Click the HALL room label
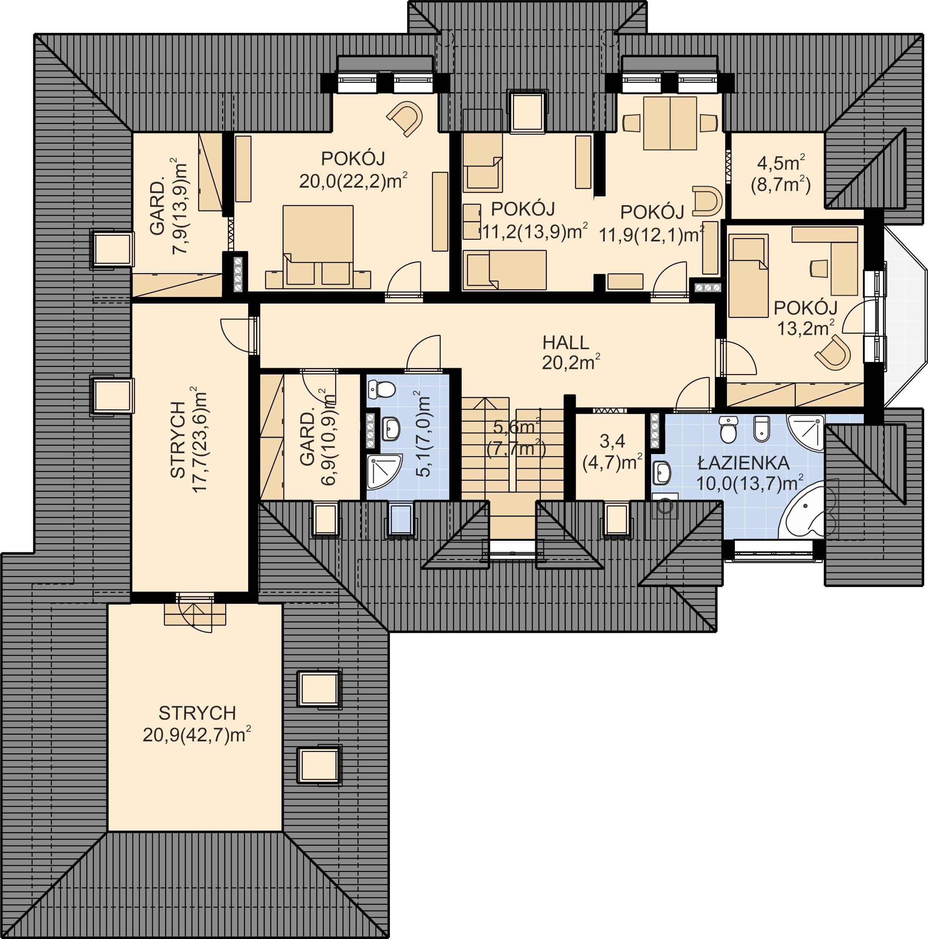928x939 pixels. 566,343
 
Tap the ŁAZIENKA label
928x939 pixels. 743,463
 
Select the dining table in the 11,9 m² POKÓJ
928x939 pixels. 670,123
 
